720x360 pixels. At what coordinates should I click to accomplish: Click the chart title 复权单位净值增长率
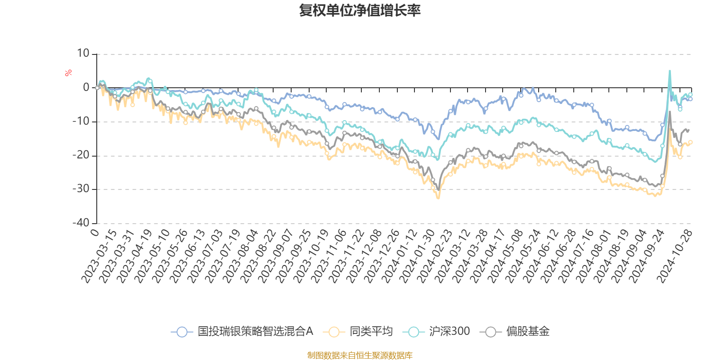[360, 11]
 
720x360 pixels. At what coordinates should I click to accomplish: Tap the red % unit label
[68, 73]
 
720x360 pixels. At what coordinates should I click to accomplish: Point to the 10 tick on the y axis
[83, 54]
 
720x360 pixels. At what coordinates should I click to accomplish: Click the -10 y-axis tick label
[81, 121]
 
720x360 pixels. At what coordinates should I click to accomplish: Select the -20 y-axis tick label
[81, 155]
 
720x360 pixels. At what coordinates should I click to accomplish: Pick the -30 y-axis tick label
[81, 189]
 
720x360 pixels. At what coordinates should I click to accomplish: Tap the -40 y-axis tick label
[81, 223]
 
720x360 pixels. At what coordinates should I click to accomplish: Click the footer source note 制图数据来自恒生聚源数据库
[360, 355]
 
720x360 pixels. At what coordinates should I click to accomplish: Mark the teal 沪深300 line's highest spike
[670, 71]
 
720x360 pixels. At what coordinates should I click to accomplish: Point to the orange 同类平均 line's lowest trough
[438, 198]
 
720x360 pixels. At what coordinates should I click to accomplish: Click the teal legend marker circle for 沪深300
[414, 332]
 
